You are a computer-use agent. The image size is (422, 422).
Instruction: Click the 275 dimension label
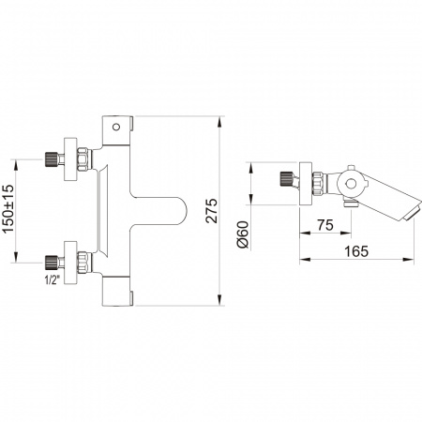pos(212,210)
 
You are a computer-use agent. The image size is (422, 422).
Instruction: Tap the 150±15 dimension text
pos(8,209)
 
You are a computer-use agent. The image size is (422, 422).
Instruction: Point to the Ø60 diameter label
pos(243,234)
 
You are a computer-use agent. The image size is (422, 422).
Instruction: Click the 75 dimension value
pos(325,225)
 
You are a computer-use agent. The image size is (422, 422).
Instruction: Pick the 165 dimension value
pos(356,251)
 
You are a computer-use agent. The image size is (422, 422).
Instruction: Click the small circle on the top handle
pos(116,127)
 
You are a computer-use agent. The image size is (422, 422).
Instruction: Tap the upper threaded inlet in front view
pos(51,159)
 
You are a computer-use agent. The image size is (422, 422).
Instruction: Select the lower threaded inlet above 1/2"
pos(51,263)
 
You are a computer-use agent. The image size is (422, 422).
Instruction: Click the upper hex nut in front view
pos(83,159)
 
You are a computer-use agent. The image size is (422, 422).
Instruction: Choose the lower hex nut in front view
pos(83,263)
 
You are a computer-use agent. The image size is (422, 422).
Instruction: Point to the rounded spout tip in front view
pos(181,211)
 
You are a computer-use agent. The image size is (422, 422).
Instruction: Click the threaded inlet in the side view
pos(285,178)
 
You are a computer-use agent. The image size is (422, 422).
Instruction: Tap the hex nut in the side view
pos(318,184)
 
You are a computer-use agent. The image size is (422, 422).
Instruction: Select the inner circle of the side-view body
pos(351,184)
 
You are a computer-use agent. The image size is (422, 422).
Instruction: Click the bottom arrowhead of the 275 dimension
pos(220,300)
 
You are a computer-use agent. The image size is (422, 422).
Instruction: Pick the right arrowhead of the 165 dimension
pos(409,259)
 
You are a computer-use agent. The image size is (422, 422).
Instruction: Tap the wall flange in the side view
pos(306,184)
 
